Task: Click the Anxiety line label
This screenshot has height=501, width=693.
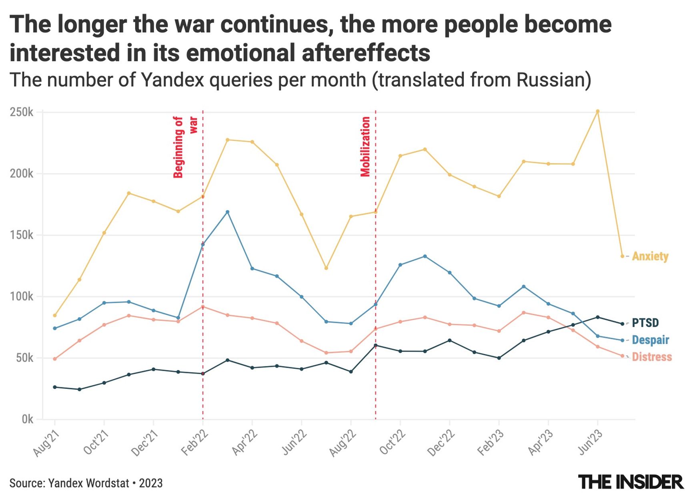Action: [650, 256]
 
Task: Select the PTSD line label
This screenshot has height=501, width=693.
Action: [645, 323]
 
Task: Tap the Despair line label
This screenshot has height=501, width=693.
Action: [650, 340]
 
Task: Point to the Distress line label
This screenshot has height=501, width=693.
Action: [652, 357]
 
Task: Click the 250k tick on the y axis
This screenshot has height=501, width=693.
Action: [22, 112]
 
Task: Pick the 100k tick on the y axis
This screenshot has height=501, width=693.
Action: [22, 297]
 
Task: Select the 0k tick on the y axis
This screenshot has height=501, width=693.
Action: [27, 419]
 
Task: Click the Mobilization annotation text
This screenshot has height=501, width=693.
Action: [365, 147]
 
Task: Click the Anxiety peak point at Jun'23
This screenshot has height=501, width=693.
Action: [598, 111]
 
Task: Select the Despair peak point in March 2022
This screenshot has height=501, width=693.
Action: [228, 212]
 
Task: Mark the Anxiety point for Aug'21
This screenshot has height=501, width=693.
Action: [55, 316]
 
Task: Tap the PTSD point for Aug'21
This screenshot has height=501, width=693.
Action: [55, 387]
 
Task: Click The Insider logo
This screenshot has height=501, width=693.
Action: [631, 482]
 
